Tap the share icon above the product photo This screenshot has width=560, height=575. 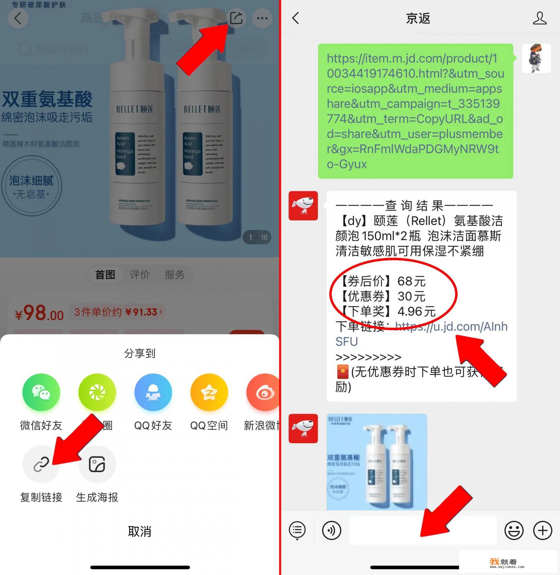pos(236,18)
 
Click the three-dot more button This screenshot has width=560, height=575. pos(262,18)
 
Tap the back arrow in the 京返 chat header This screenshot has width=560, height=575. pos(296,18)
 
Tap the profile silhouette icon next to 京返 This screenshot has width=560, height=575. pos(539,18)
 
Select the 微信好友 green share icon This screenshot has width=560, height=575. pos(41,392)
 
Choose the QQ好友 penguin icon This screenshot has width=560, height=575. pos(153,392)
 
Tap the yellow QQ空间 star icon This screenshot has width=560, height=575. pos(209,392)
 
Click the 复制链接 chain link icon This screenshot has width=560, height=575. pos(41,464)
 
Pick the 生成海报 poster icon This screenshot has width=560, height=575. pos(97,464)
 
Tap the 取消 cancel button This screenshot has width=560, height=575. pos(139,531)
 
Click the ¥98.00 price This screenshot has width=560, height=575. pos(39,313)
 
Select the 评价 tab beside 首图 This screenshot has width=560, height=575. pos(140,274)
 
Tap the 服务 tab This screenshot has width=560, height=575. pos(174,274)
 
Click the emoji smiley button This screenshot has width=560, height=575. pos(514,531)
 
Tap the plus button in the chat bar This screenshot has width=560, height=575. pos(543,531)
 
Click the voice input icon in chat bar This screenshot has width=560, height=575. pos(331,531)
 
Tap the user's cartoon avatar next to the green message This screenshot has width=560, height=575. pos(536,58)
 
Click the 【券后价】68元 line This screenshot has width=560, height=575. pos(383,281)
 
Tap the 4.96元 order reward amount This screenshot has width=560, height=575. pos(416,311)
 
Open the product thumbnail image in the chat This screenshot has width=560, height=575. pos(376,462)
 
